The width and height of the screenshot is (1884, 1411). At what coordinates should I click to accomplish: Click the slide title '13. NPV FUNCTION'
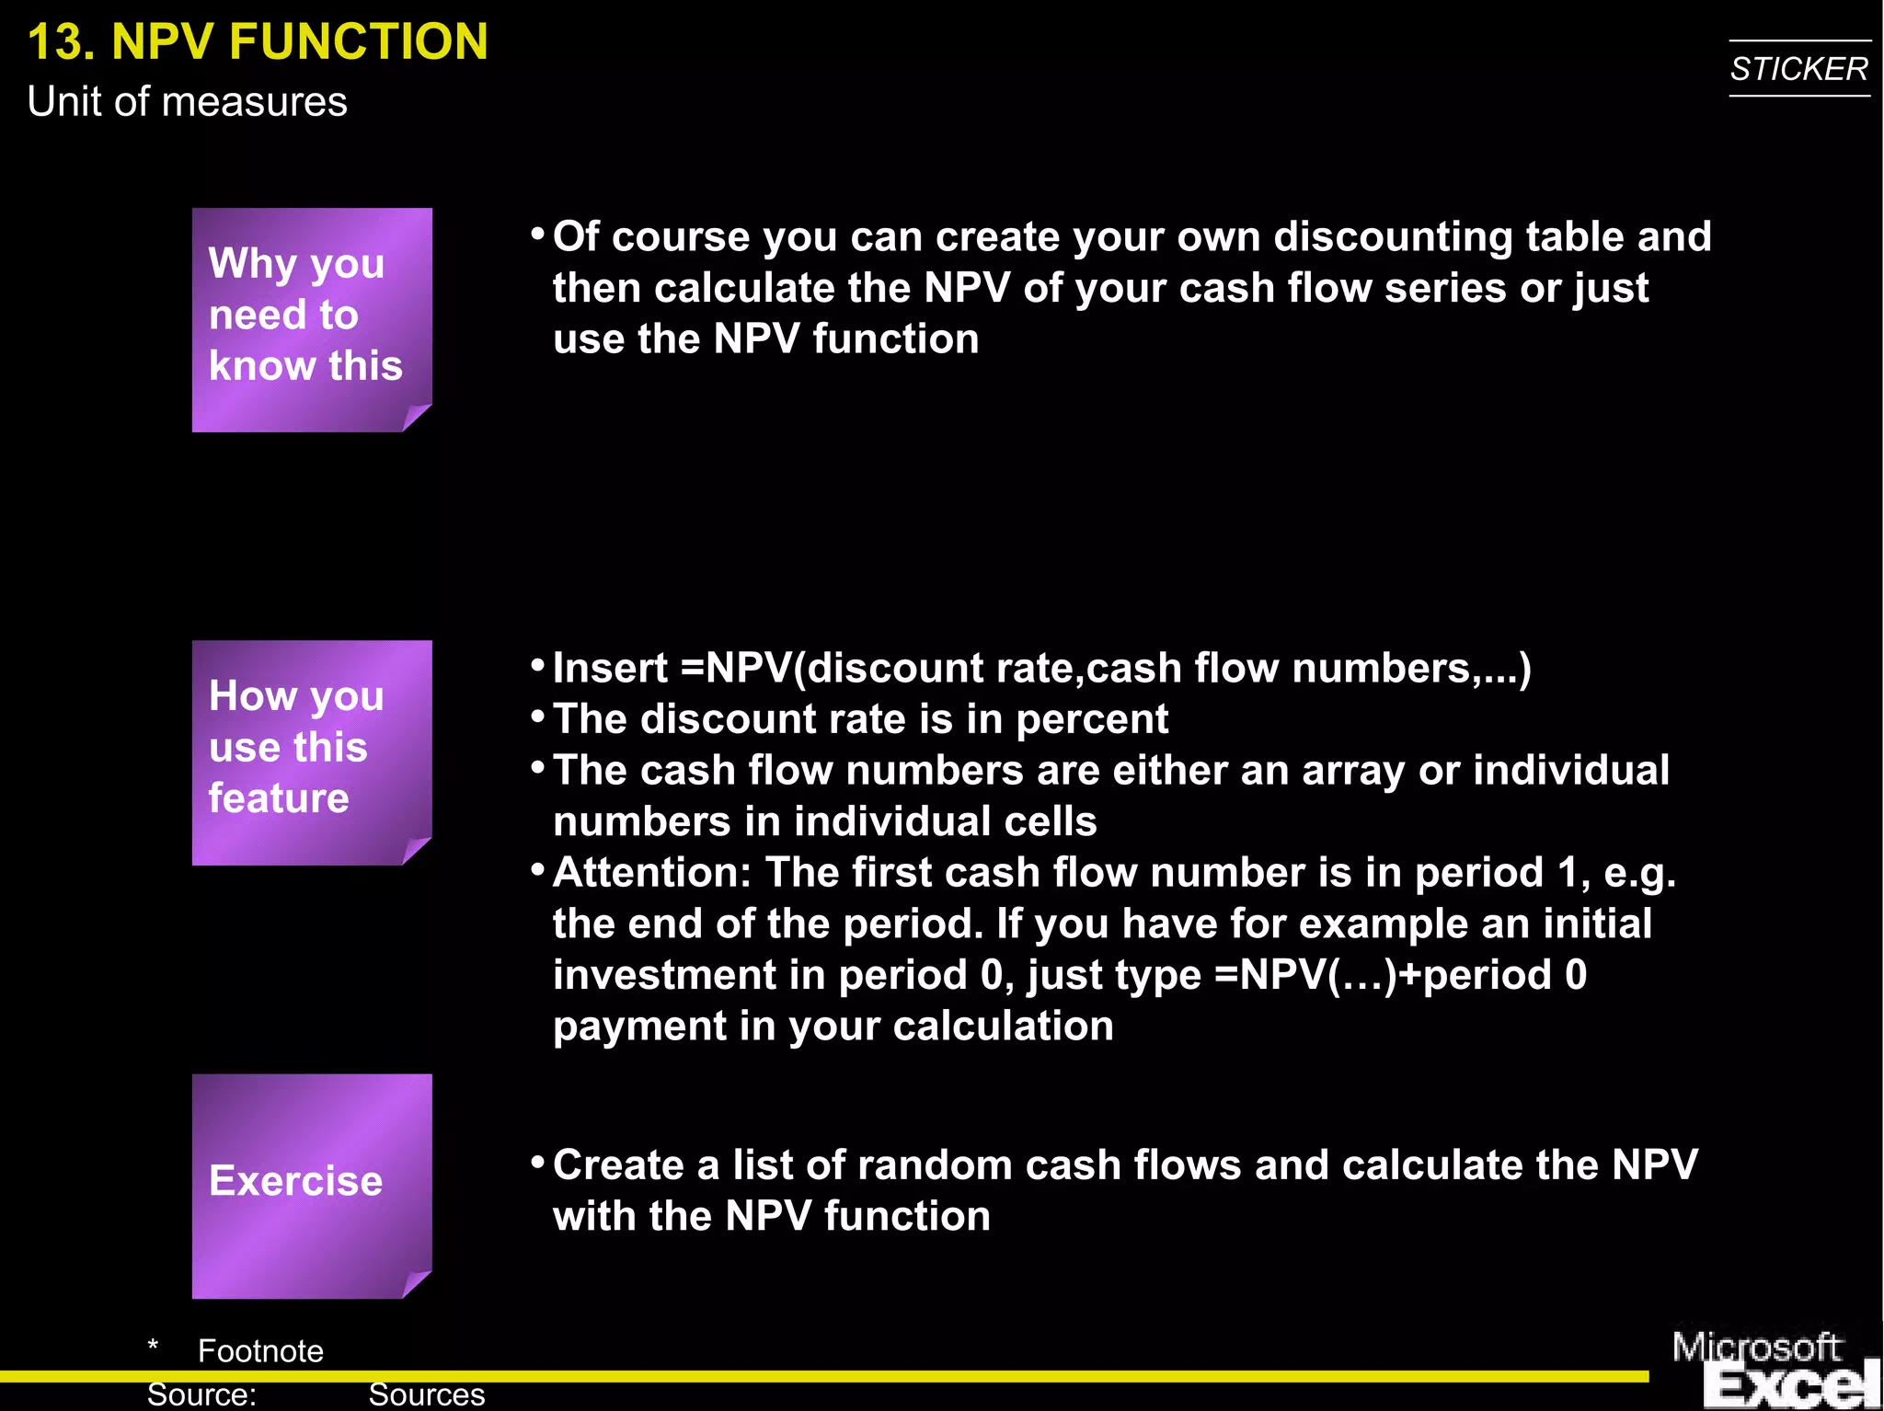258,42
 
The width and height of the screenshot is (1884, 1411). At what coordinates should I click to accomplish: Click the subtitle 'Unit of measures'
187,101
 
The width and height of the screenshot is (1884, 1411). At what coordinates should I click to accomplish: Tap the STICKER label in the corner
1798,69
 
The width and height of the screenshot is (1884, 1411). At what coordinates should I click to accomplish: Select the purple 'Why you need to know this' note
311,318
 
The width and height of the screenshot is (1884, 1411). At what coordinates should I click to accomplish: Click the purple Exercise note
311,1185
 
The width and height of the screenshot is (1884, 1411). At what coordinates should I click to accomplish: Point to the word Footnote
260,1350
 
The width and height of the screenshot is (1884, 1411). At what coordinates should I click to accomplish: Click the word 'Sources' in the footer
426,1394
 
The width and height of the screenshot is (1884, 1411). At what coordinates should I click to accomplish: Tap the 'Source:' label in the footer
201,1394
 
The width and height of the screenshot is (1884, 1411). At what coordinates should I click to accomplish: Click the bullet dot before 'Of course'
538,235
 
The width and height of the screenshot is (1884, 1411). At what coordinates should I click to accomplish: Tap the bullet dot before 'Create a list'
538,1163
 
